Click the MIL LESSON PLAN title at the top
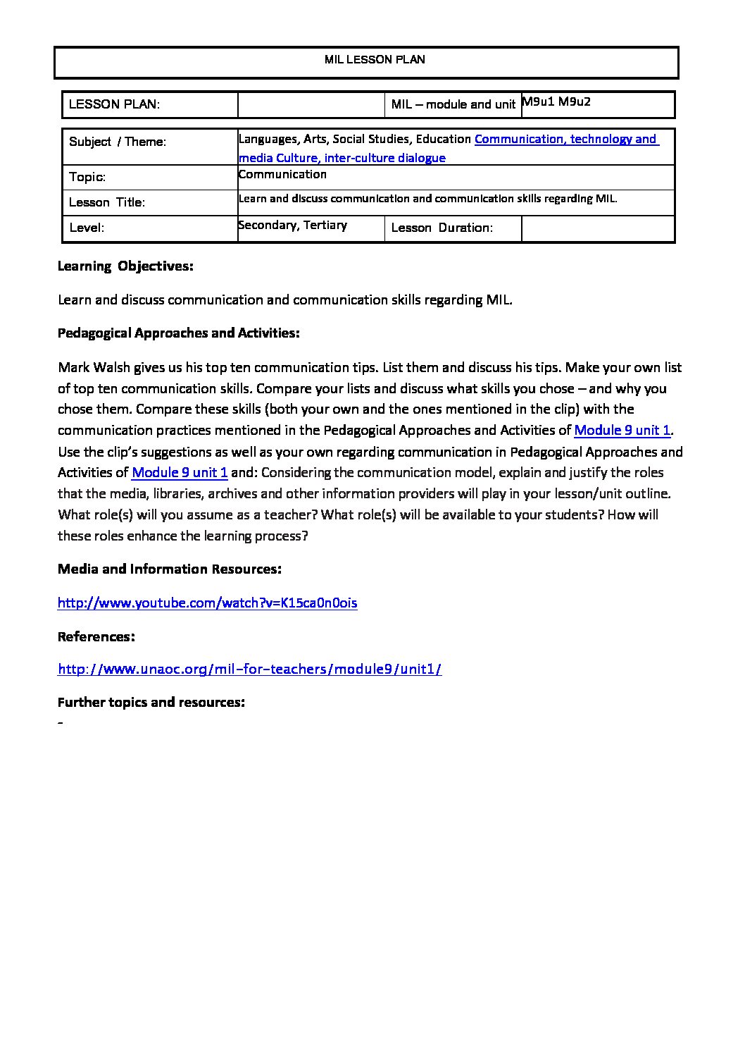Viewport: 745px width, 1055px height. coord(375,60)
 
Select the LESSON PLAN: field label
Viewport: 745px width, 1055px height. coord(114,105)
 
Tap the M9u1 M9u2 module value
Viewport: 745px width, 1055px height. coord(556,101)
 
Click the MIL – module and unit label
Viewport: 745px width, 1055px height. coord(453,105)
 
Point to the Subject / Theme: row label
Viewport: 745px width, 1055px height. coord(118,142)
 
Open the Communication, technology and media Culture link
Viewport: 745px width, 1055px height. coord(566,140)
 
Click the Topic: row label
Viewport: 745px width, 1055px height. coord(87,178)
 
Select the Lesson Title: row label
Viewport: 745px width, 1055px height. coord(107,203)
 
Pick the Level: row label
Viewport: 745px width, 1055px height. coord(87,228)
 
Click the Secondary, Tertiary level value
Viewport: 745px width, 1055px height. coord(293,226)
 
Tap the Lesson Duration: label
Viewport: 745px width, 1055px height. coord(442,228)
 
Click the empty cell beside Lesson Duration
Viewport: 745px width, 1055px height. coord(598,228)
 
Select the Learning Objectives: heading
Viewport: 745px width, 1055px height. coord(125,266)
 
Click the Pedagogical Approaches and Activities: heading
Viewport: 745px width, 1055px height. coord(179,333)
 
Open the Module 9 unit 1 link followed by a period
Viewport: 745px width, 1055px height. coord(622,430)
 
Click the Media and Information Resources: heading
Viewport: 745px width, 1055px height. coord(170,569)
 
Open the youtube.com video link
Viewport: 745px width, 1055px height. coord(207,603)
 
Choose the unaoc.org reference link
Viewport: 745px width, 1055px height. coord(249,670)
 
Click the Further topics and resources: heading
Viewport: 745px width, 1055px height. coord(151,703)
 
